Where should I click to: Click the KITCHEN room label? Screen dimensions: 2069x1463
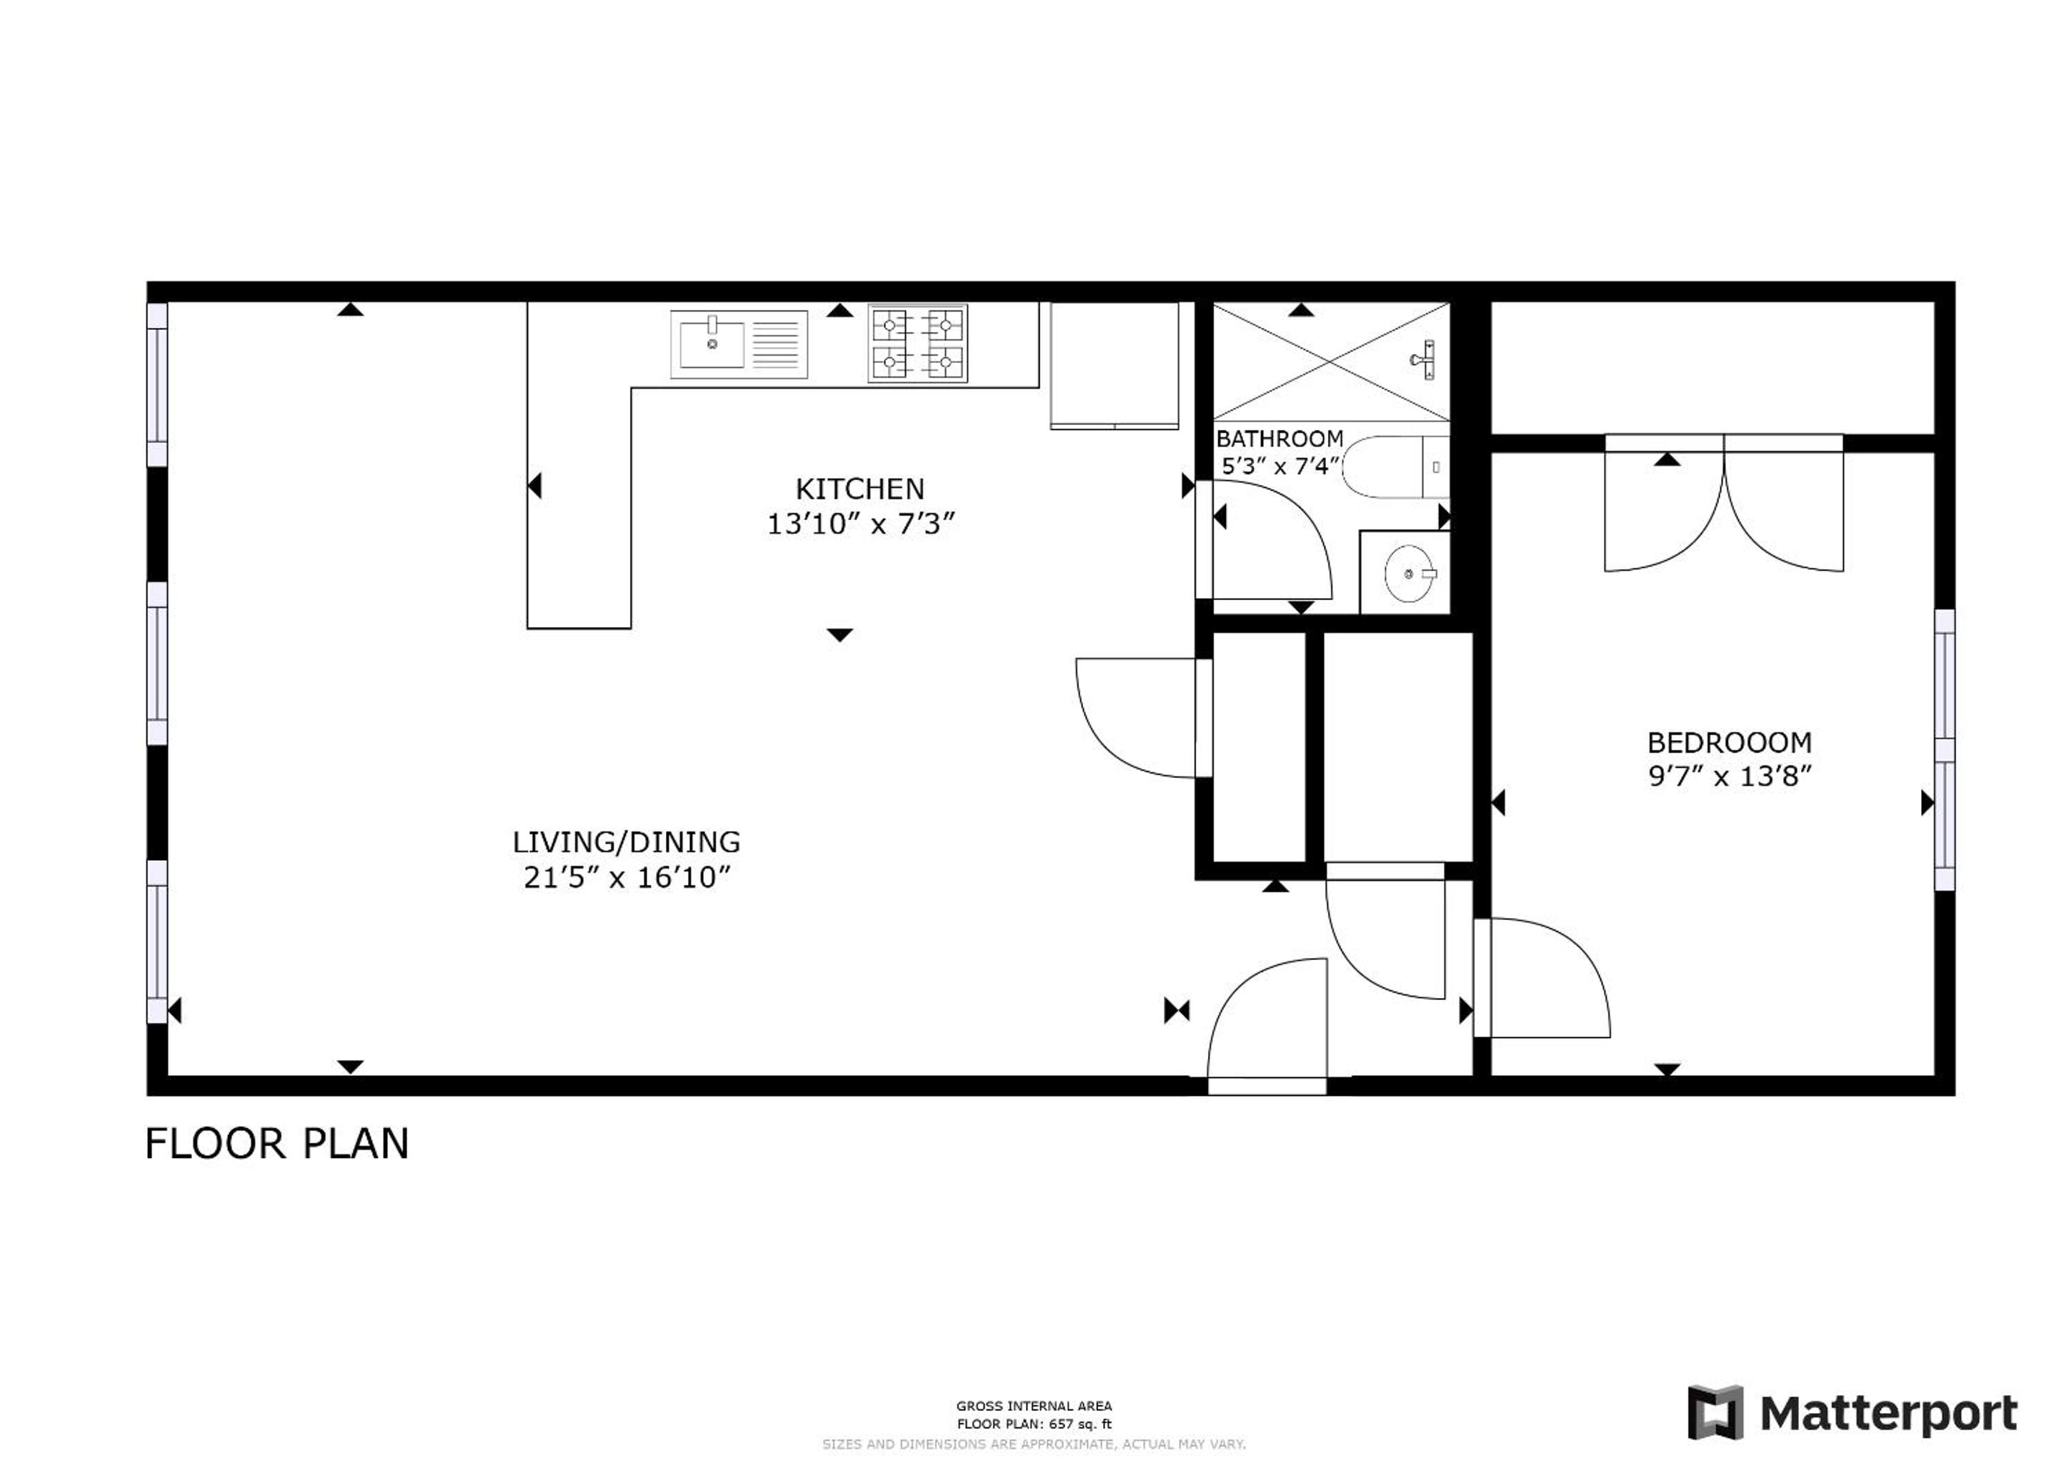tap(859, 489)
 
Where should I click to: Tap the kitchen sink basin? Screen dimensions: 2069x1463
tap(712, 344)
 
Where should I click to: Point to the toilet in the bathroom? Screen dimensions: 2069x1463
tap(1396, 466)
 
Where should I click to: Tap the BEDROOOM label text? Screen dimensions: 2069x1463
tap(1729, 742)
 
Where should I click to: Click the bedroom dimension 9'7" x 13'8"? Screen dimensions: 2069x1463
tap(1729, 777)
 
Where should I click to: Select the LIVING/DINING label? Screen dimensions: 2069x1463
tap(627, 842)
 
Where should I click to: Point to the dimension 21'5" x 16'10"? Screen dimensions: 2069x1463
tap(627, 877)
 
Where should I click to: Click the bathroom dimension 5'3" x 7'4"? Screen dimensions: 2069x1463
tap(1280, 466)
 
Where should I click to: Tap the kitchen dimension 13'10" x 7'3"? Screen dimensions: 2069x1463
tap(859, 524)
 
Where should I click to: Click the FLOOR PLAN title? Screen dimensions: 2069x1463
tap(276, 1144)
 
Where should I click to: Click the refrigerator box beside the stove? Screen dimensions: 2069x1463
tap(1115, 365)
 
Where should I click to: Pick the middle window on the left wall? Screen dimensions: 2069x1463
tap(156, 663)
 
